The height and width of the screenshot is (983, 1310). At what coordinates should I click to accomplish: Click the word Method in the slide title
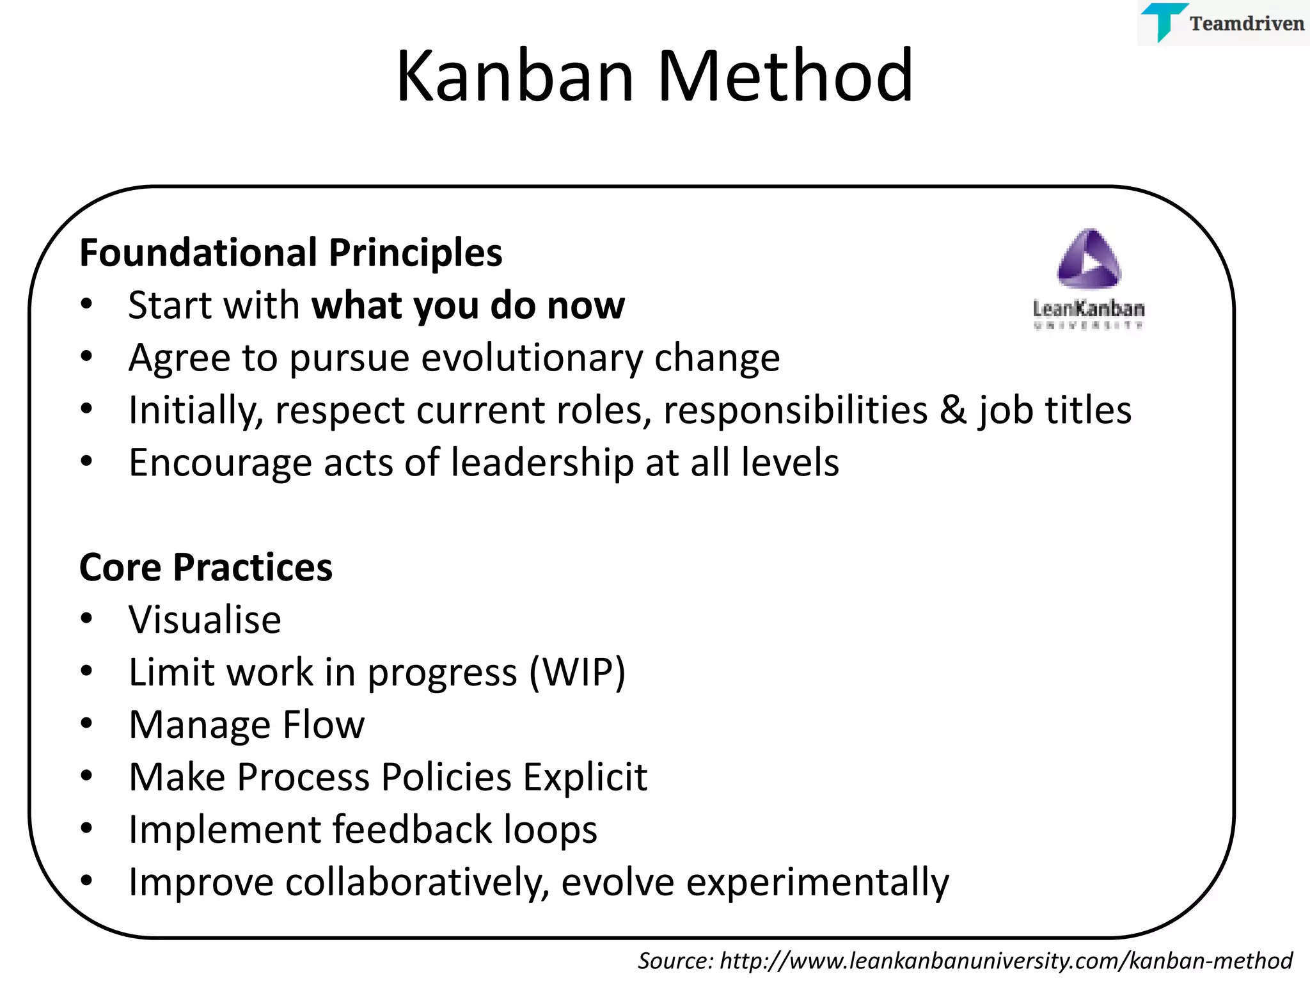pos(785,77)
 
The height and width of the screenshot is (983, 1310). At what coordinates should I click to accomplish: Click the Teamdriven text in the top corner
pos(1246,24)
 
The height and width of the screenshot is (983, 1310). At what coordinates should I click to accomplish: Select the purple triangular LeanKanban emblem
pos(1089,259)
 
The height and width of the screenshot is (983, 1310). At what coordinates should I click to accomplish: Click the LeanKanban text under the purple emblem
pos(1089,309)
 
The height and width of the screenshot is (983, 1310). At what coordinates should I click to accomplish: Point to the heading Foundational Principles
pos(290,253)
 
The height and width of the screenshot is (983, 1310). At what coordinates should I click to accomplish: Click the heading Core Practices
pos(205,567)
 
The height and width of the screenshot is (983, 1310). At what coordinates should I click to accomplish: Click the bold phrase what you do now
pos(468,305)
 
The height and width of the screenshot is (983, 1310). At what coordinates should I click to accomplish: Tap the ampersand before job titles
pos(952,410)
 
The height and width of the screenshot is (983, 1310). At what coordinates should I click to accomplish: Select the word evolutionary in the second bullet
pos(532,358)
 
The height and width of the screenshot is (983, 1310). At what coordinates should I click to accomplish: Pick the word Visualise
pos(205,619)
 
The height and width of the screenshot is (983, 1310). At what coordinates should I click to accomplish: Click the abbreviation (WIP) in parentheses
pos(577,673)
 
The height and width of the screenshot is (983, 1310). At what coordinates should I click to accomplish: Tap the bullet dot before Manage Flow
pos(87,724)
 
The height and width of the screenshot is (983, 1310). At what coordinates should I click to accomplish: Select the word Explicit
pos(585,778)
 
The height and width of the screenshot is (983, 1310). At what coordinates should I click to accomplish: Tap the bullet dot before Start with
pos(87,304)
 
